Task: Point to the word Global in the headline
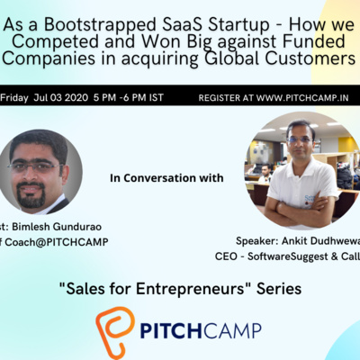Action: (256, 59)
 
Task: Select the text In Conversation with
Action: (166, 178)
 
